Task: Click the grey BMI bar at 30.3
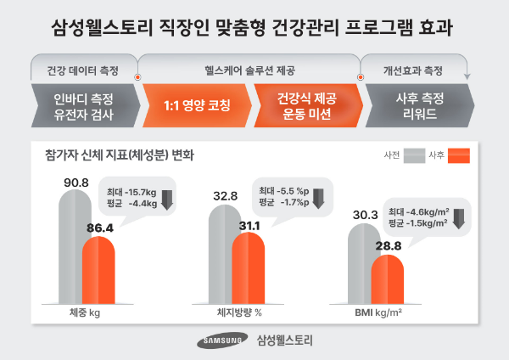(x=364, y=272)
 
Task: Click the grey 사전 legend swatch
(x=415, y=155)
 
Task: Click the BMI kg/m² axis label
(x=378, y=312)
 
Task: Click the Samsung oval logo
(x=223, y=341)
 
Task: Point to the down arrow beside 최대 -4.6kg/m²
(x=457, y=217)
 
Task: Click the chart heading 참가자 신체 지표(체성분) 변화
(x=119, y=155)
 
